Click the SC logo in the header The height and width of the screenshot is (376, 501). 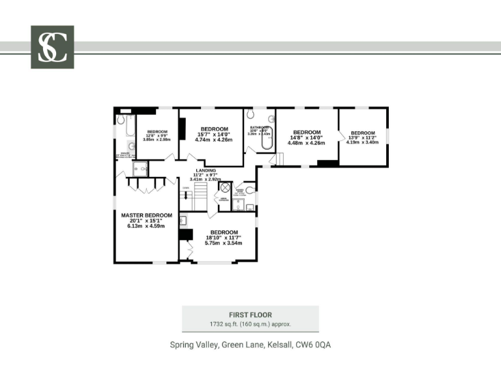(x=52, y=47)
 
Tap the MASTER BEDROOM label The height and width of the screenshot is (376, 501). (x=147, y=215)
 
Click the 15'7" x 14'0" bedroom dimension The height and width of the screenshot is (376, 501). (x=215, y=134)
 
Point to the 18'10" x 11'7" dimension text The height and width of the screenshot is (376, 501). (x=224, y=238)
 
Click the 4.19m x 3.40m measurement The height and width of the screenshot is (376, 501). (x=363, y=142)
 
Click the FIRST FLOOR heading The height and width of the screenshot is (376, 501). (x=250, y=315)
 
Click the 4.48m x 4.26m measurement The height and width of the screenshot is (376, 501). (x=307, y=143)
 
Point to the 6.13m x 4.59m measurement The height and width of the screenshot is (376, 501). (x=147, y=226)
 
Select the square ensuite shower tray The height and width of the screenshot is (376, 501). (x=140, y=169)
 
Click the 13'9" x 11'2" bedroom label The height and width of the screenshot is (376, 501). (x=363, y=137)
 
